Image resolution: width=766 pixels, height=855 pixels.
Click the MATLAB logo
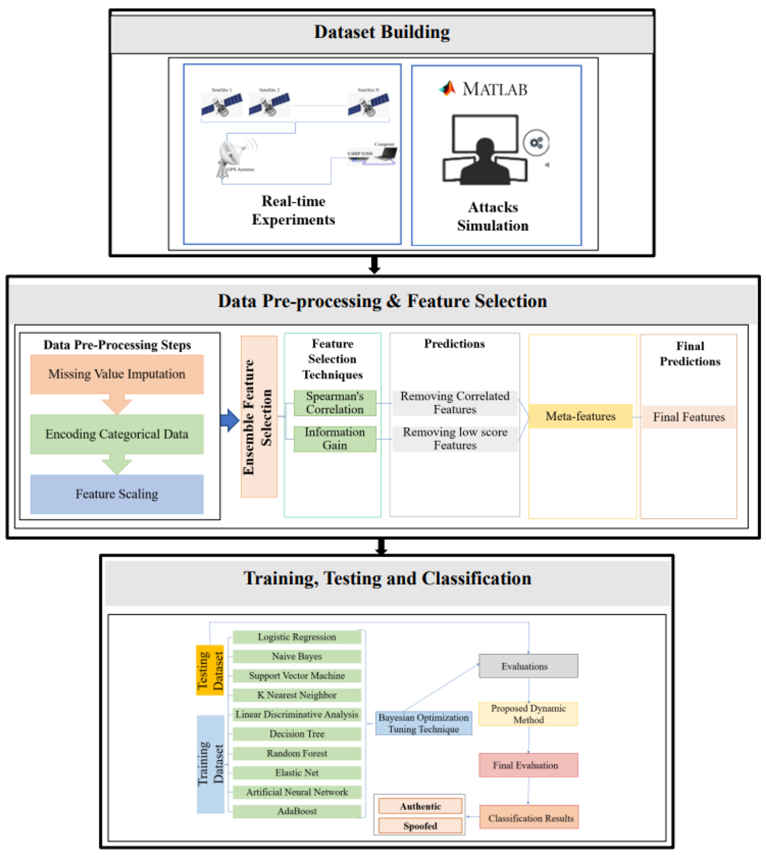pos(447,88)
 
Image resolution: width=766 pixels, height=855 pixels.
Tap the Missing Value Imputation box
pos(117,375)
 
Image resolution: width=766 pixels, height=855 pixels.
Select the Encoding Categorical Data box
pos(117,435)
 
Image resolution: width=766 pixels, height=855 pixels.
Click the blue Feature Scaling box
pos(117,494)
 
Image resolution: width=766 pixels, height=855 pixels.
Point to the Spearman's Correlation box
pos(335,403)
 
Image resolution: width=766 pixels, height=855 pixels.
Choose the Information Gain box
pos(335,439)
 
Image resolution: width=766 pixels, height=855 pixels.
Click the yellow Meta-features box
pos(581,417)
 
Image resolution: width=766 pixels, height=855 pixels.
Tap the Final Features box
pos(688,418)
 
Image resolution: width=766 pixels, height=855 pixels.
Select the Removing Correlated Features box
pos(455,403)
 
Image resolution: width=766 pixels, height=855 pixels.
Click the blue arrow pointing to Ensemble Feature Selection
pos(229,420)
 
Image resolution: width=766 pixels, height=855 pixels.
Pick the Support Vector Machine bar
pos(297,676)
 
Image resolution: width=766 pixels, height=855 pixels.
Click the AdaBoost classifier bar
pos(297,812)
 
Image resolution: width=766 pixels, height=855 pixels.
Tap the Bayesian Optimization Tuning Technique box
pos(424,724)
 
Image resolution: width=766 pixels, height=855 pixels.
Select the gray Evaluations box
pos(528,667)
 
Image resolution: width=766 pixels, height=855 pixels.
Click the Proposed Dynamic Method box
pos(528,714)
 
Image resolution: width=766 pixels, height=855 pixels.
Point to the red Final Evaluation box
pos(528,766)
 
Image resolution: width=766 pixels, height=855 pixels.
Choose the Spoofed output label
pos(420,826)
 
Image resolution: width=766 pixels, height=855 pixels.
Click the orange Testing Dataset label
pos(210,670)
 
